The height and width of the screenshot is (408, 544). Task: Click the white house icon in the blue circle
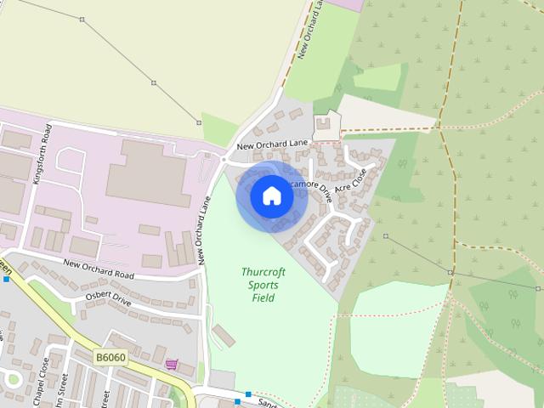coord(272,196)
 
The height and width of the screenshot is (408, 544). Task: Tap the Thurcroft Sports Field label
coord(263,285)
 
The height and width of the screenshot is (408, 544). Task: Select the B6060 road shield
coord(110,358)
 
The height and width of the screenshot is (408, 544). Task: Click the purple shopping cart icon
coord(172,365)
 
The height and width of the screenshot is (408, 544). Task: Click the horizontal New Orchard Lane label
coord(272,145)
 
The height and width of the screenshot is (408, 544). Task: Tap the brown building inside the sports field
coord(224,335)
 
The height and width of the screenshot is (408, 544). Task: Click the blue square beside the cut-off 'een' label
coord(5,279)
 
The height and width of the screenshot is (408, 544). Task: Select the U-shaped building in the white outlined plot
coord(326,128)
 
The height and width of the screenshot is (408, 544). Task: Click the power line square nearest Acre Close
coord(385,235)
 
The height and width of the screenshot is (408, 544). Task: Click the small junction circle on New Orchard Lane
coord(224,159)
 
